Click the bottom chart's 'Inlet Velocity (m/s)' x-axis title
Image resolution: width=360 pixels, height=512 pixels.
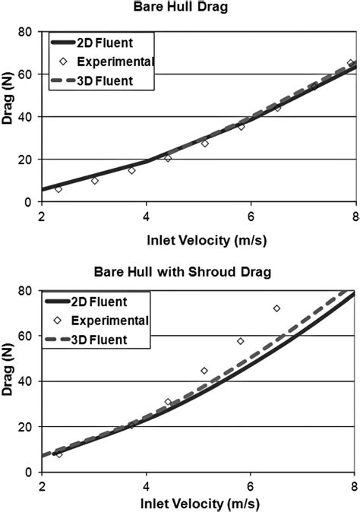pos(199,503)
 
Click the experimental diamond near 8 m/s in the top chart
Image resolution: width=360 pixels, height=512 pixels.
pos(351,63)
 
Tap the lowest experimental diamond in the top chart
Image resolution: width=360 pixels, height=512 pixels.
pos(58,188)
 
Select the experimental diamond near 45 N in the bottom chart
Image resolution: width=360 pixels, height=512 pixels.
pos(204,371)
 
